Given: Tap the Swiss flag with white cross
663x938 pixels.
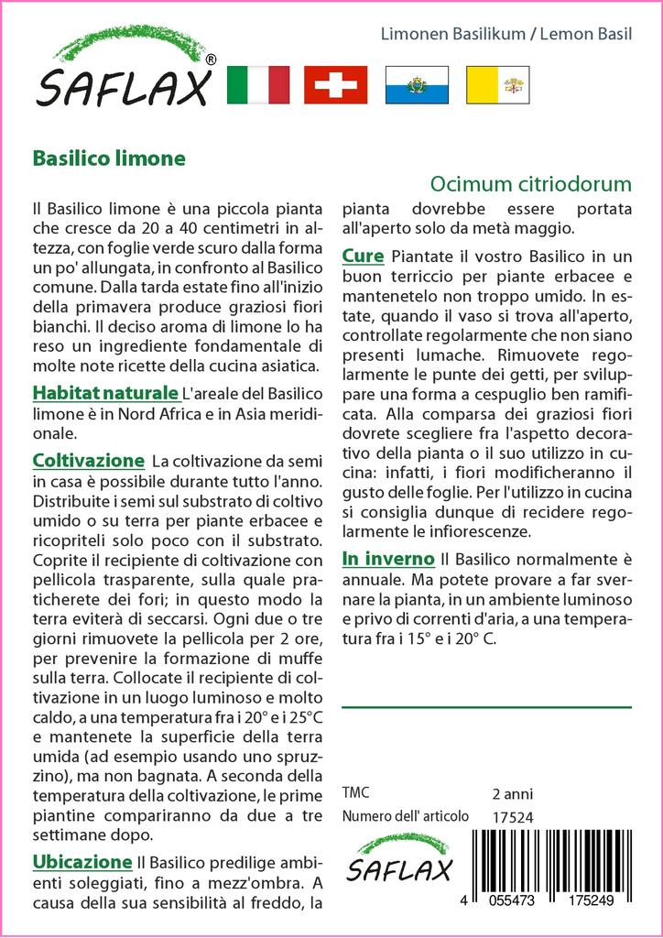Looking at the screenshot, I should (x=335, y=84).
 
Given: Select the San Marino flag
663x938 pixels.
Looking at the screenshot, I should (x=417, y=84).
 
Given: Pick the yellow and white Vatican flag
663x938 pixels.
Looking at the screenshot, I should (x=498, y=84).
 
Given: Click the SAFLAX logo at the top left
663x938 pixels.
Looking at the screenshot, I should (x=125, y=71).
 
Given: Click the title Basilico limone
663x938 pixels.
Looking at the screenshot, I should (x=109, y=158).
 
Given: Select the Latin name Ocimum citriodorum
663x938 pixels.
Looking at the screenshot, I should (x=531, y=183).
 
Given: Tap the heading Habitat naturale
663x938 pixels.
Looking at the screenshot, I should (x=105, y=394).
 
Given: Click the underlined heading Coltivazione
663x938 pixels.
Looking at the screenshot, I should (x=88, y=460).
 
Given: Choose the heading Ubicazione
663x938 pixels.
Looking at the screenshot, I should (x=82, y=862).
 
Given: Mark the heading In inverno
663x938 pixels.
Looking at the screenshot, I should (x=388, y=558).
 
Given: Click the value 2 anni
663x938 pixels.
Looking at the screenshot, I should (x=512, y=793).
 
